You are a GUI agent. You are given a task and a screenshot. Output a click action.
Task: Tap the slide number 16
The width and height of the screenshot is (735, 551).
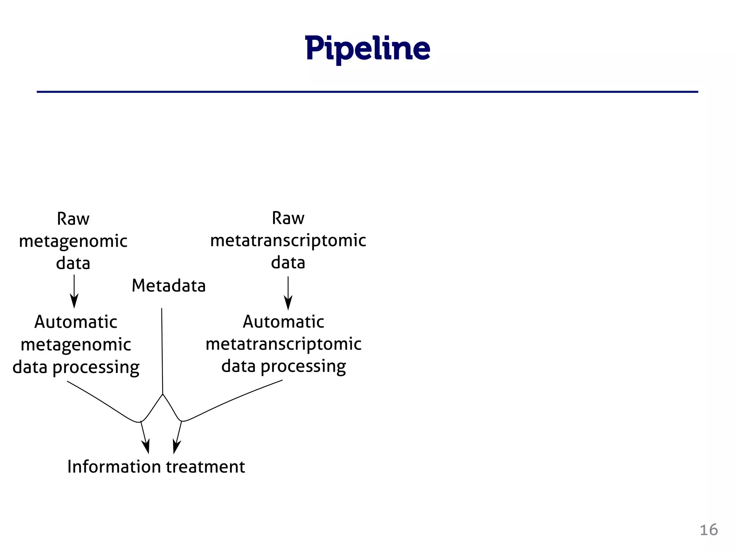(x=708, y=530)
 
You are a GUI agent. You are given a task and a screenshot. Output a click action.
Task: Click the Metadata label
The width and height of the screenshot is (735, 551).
(x=169, y=286)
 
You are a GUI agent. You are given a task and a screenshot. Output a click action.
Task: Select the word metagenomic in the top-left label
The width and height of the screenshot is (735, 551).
(x=73, y=241)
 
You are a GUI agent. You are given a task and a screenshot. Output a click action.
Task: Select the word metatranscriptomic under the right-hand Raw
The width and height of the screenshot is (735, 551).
(x=288, y=240)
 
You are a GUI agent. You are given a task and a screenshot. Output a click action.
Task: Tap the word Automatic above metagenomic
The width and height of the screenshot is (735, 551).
(x=76, y=322)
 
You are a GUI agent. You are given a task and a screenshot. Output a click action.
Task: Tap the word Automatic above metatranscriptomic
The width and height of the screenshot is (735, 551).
(x=284, y=321)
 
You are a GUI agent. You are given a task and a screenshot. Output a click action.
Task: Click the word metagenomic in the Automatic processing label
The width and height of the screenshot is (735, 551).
(x=76, y=345)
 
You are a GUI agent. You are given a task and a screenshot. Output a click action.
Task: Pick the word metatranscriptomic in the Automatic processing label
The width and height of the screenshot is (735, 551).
(x=284, y=344)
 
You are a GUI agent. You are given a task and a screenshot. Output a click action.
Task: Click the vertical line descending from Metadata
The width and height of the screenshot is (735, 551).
(x=162, y=352)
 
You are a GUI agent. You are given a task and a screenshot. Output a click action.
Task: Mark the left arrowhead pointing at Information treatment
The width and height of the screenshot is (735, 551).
(x=146, y=447)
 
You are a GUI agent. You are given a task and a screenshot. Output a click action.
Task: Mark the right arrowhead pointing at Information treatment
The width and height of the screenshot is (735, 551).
(x=176, y=447)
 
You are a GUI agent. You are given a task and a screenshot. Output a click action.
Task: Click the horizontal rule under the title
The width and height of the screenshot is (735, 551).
(x=367, y=92)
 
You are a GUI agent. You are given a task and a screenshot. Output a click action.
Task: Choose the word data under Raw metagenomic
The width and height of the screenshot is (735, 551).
(x=73, y=263)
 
